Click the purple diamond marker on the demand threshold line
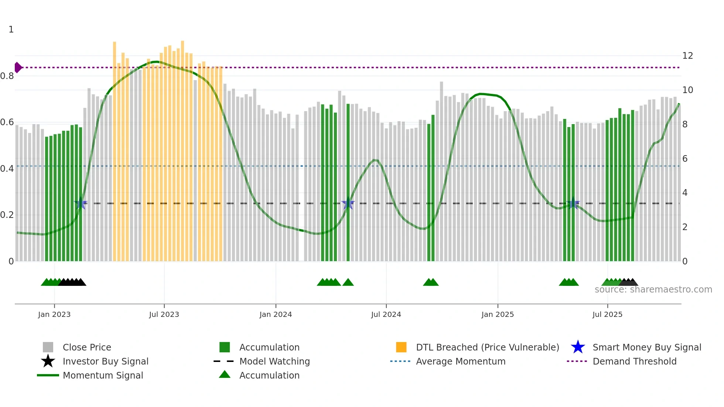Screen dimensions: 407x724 click(x=18, y=68)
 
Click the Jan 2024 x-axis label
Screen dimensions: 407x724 click(x=276, y=314)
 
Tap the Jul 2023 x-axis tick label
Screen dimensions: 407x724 click(x=164, y=314)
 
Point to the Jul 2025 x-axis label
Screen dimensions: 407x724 click(x=607, y=314)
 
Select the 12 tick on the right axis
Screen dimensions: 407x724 click(x=687, y=56)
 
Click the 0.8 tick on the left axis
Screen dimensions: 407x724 click(x=7, y=76)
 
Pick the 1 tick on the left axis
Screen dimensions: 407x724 click(x=11, y=30)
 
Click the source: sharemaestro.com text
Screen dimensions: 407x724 click(x=653, y=290)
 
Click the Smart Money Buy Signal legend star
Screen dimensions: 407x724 click(x=578, y=347)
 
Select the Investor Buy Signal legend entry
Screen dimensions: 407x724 click(x=105, y=361)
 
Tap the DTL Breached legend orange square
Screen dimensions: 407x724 click(x=401, y=347)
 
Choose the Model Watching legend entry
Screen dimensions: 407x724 click(x=274, y=361)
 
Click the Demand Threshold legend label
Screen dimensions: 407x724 click(x=634, y=361)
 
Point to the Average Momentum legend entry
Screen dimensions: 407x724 click(x=460, y=361)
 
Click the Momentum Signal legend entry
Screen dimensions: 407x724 click(x=103, y=375)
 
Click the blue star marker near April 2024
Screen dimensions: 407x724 click(x=348, y=203)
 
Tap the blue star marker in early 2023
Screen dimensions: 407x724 click(x=81, y=203)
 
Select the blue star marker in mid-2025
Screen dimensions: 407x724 click(x=573, y=203)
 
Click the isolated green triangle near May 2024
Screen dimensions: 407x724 click(x=348, y=283)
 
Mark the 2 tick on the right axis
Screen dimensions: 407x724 click(x=685, y=227)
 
